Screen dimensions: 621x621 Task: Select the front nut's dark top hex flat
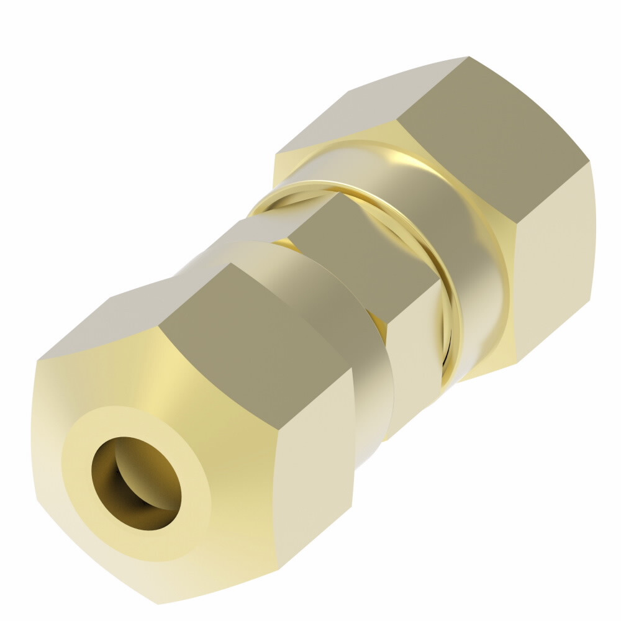click(x=248, y=329)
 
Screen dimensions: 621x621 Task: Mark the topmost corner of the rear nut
click(x=467, y=57)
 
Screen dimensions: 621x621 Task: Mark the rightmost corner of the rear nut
click(x=590, y=163)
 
